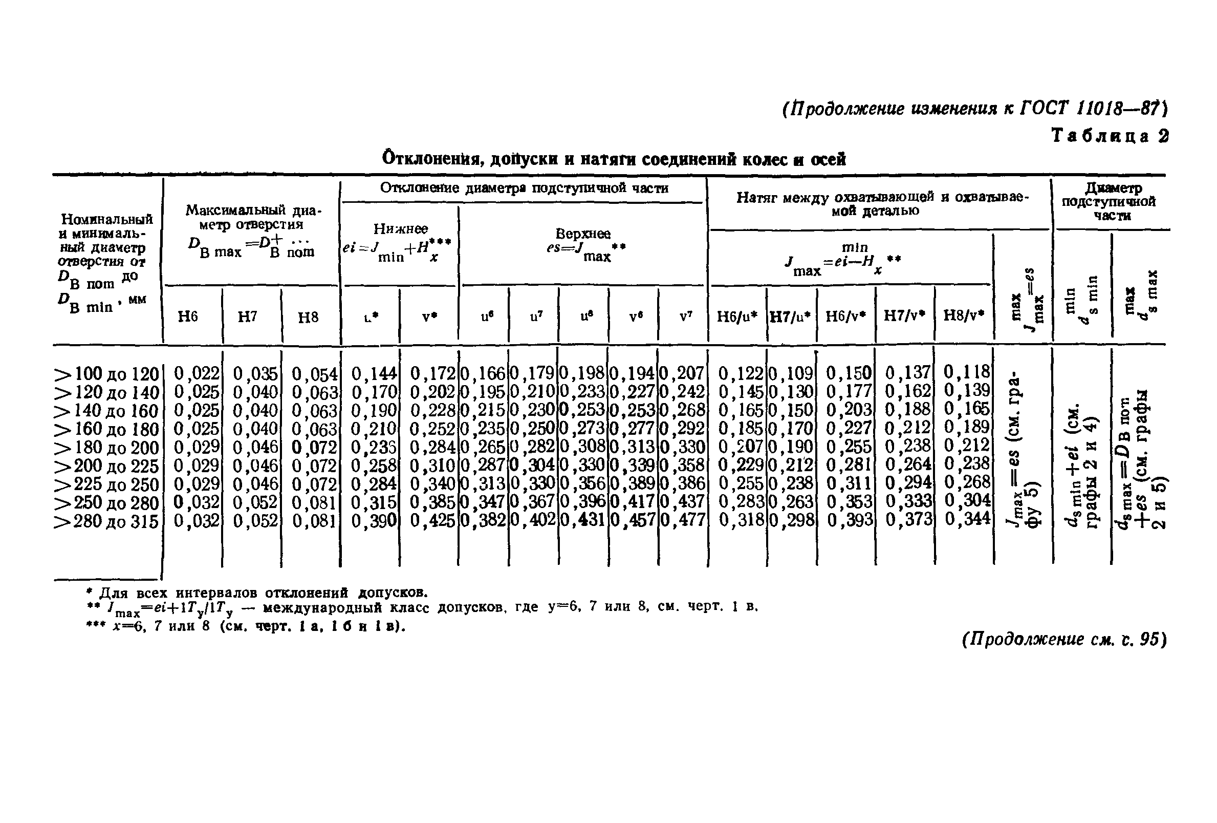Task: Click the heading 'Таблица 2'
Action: coord(1110,136)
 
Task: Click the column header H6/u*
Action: coord(737,316)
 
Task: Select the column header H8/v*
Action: coord(964,315)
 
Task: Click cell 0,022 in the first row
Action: coord(196,373)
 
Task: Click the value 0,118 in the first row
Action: coord(968,372)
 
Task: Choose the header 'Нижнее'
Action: coord(400,229)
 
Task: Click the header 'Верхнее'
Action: coord(582,234)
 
